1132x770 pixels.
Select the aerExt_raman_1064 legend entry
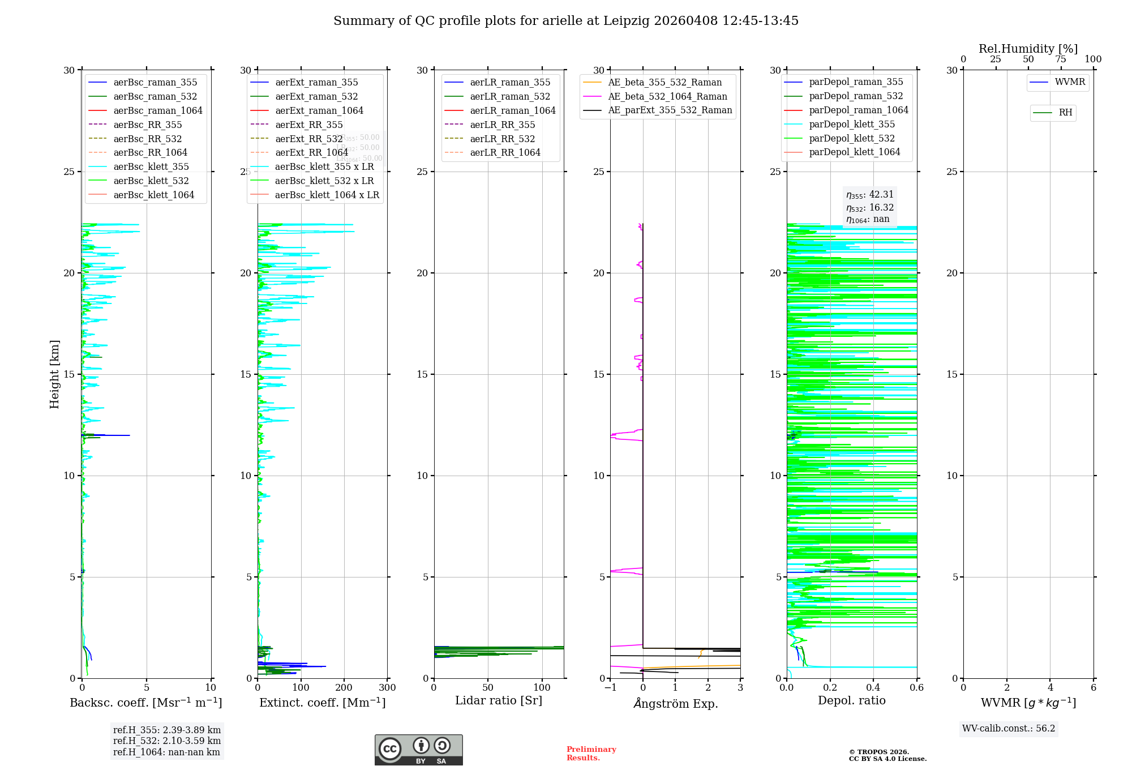click(319, 110)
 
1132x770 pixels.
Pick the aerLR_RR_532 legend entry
click(502, 139)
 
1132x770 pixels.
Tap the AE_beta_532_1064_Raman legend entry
click(667, 96)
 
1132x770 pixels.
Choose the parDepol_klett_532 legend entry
click(852, 138)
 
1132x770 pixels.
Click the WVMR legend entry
click(1070, 82)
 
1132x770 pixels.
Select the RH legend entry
click(1065, 113)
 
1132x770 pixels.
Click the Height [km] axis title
click(54, 374)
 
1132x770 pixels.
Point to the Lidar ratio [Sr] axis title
click(499, 700)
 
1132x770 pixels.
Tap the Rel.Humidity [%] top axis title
click(1028, 49)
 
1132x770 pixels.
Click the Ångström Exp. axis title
click(675, 703)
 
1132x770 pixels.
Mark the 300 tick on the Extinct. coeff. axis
click(388, 688)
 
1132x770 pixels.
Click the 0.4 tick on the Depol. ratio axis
click(873, 688)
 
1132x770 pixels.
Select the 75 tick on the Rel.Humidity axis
click(1061, 59)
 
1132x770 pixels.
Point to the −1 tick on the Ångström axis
click(610, 688)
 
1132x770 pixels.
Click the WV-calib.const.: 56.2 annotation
click(1009, 728)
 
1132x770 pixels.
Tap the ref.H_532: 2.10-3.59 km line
click(166, 741)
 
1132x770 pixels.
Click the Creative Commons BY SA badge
click(418, 750)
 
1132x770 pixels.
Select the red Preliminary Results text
click(591, 754)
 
